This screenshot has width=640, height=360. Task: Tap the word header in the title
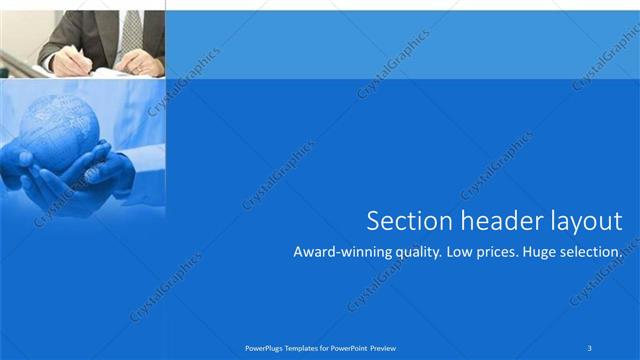491,221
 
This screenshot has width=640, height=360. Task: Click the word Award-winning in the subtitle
340,253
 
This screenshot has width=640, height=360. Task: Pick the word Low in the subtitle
464,253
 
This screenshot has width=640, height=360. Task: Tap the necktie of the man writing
131,30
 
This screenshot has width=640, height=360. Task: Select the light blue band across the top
400,45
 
